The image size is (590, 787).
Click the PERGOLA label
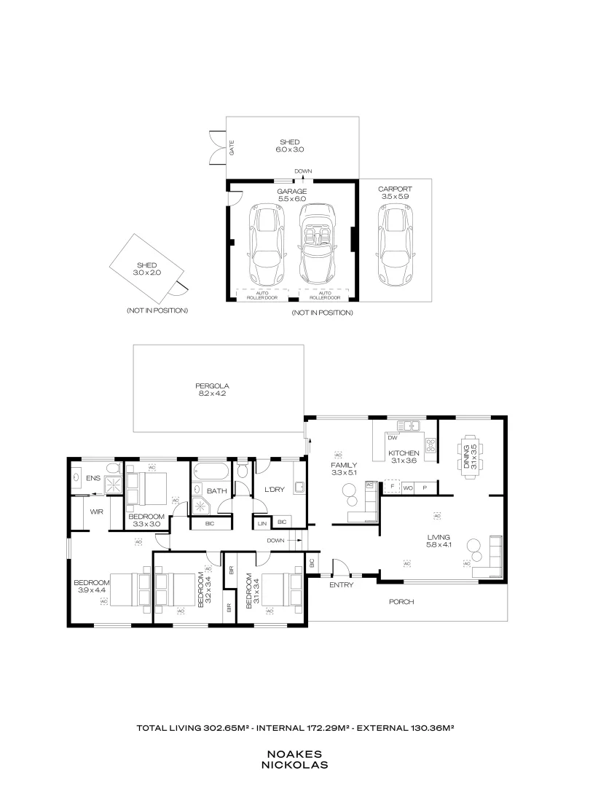[212, 385]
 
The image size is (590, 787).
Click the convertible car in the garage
[317, 244]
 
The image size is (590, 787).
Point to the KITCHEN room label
[403, 453]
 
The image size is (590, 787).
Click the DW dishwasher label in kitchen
[392, 438]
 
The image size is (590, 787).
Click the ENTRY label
[341, 584]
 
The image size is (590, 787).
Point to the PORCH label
[401, 602]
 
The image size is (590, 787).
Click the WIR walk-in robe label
[96, 512]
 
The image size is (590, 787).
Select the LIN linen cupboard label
[261, 522]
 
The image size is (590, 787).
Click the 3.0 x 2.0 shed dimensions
[146, 272]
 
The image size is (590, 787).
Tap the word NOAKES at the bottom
[295, 755]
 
